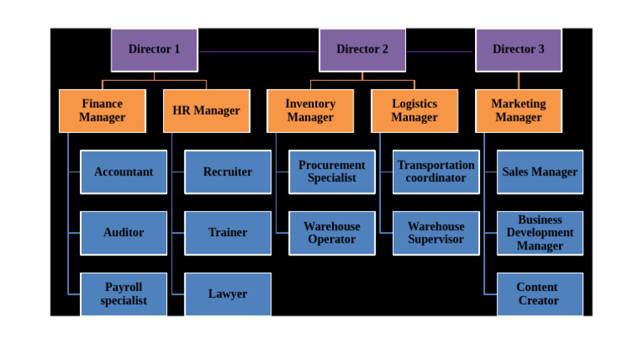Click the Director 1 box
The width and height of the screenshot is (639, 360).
154,50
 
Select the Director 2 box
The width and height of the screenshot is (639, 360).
362,50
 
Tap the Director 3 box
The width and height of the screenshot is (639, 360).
518,50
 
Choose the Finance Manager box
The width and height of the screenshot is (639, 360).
102,111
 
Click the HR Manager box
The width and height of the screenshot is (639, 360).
206,111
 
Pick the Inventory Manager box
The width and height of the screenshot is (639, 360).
310,111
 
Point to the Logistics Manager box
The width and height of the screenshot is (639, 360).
414,111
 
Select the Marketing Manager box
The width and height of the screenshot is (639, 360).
518,111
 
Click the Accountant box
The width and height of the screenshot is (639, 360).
123,172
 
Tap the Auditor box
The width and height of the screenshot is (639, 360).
123,233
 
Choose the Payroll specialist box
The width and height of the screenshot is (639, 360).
123,293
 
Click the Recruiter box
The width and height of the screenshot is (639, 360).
227,172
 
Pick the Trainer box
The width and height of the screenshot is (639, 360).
227,233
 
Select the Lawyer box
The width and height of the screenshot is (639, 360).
227,293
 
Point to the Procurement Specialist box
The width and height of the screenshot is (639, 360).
331,172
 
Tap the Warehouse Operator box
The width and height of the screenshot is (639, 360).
331,233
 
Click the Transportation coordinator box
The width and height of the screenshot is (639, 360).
435,172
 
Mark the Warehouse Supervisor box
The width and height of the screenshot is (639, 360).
435,233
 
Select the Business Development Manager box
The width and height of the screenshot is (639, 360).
539,233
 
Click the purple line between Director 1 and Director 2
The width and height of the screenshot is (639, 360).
258,52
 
